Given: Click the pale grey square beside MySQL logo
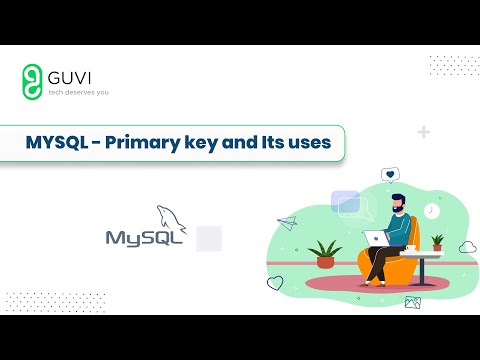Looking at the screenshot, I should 208,238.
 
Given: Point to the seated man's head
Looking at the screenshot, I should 398,204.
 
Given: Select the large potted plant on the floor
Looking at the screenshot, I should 325,254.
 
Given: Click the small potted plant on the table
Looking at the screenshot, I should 436,242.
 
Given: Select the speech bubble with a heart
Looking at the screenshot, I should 389,175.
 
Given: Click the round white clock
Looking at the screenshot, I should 430,211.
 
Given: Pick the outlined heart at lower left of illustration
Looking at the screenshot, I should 275,283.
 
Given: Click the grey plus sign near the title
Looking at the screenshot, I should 424,132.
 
